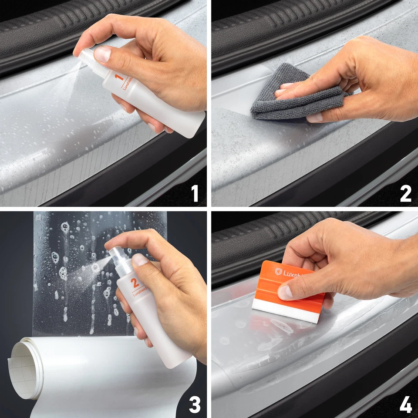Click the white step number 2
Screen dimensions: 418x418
(x=405, y=193)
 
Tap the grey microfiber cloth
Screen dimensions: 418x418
(x=279, y=94)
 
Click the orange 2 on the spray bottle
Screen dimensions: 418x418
(x=135, y=283)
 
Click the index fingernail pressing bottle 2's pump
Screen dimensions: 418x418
(x=140, y=260)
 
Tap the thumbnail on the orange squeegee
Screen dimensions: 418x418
(x=285, y=292)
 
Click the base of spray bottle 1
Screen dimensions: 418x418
(x=192, y=126)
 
